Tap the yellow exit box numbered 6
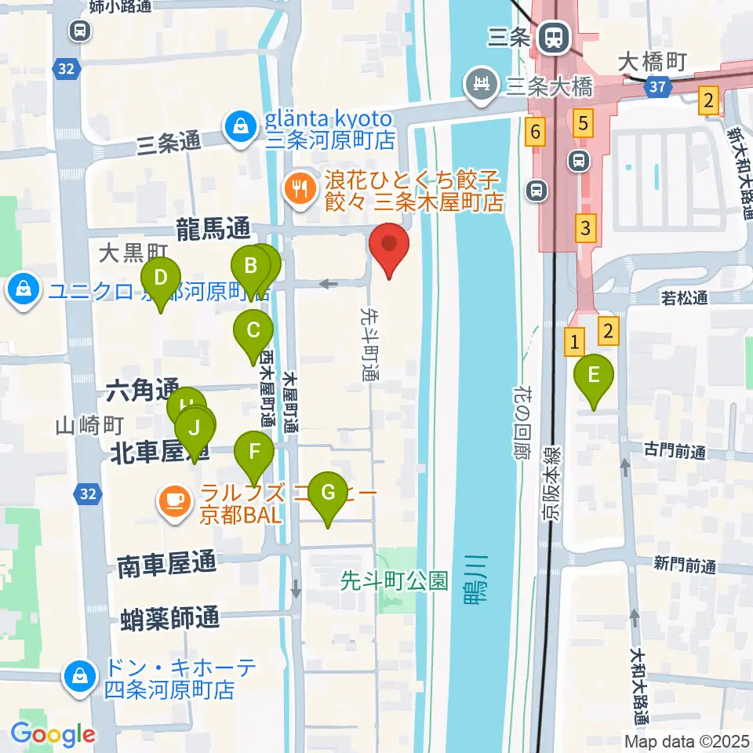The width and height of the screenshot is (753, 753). [x=535, y=132]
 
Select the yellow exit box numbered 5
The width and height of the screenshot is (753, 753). [x=583, y=122]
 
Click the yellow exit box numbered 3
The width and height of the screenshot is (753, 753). [x=585, y=229]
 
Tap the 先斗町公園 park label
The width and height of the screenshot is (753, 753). [x=395, y=582]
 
